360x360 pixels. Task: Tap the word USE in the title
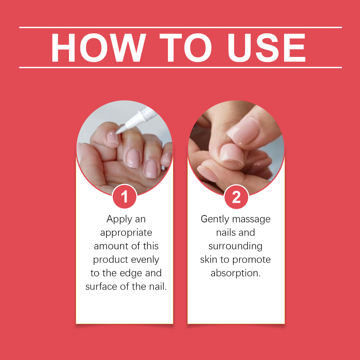click(x=266, y=48)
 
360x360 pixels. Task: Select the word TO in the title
click(x=186, y=48)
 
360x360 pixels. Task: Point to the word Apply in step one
click(x=119, y=219)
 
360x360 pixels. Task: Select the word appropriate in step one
click(x=126, y=232)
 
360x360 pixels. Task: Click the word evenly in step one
click(x=145, y=259)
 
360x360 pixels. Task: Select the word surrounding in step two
click(x=235, y=246)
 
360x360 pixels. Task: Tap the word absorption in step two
click(x=235, y=273)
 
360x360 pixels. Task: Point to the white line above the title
click(x=180, y=27)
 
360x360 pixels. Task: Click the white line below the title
click(x=180, y=67)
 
